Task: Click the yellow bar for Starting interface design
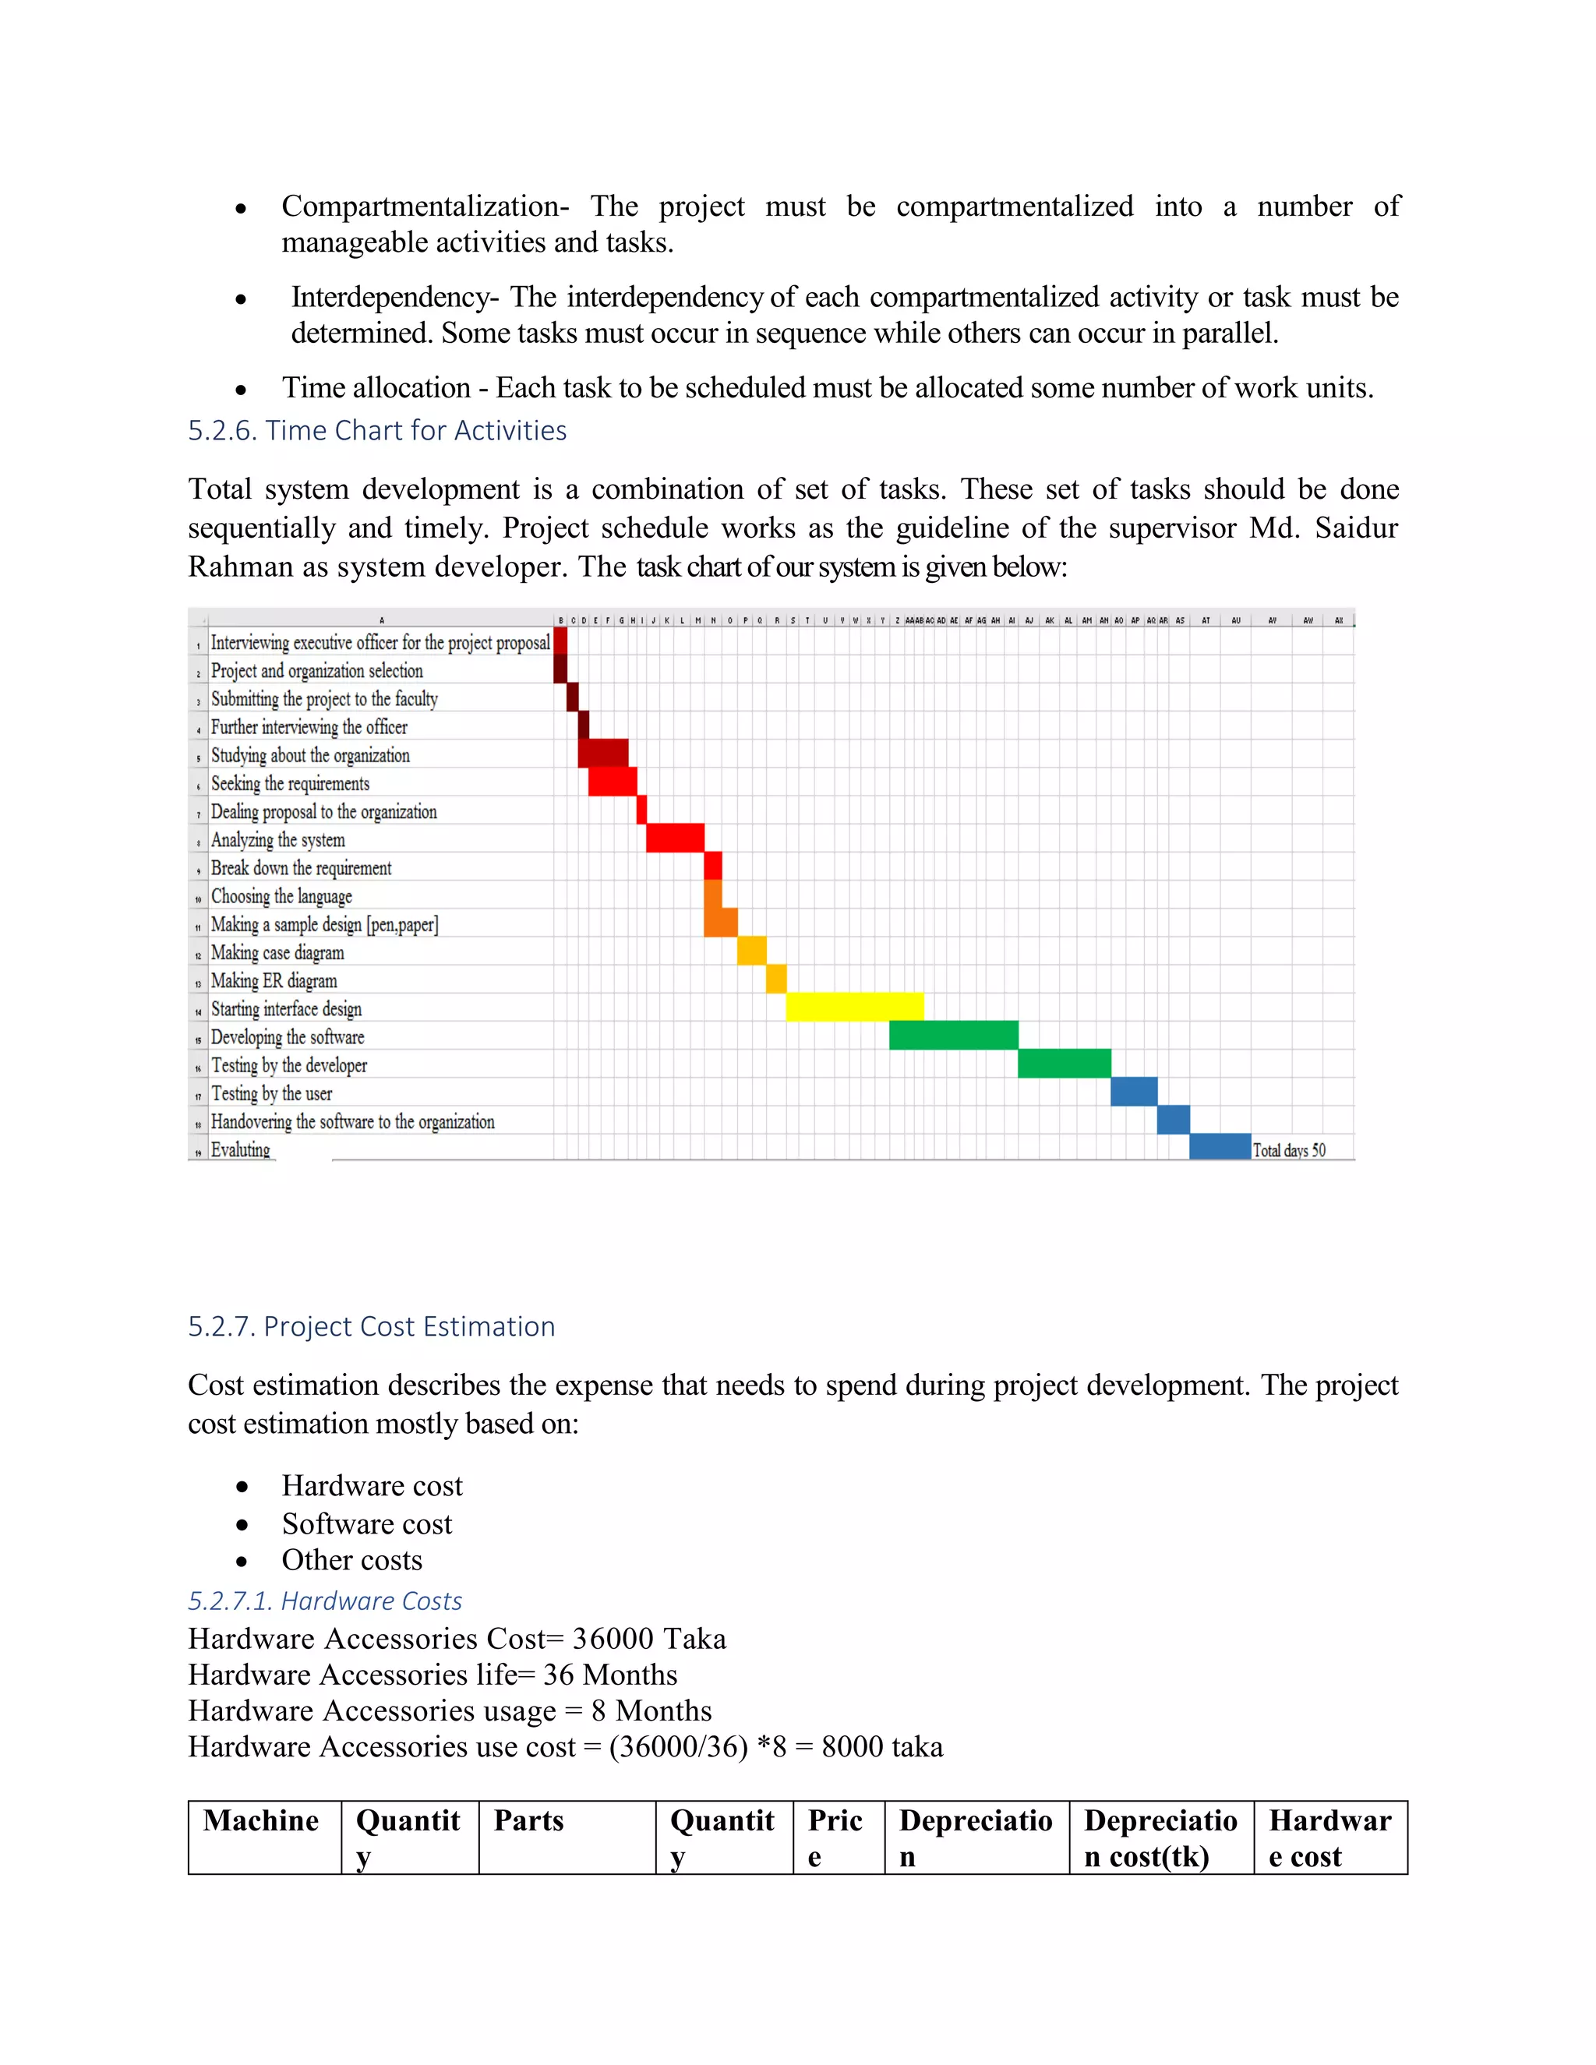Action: pyautogui.click(x=854, y=1007)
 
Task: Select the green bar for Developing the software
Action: pyautogui.click(x=953, y=1036)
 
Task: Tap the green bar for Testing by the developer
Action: pyautogui.click(x=1064, y=1064)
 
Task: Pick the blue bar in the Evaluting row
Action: pyautogui.click(x=1220, y=1147)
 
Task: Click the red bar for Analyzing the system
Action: pyautogui.click(x=675, y=838)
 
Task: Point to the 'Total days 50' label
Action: pyautogui.click(x=1289, y=1149)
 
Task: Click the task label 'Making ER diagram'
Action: pyautogui.click(x=274, y=980)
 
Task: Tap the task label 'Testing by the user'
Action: pyautogui.click(x=271, y=1093)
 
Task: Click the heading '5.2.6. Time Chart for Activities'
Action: pyautogui.click(x=376, y=430)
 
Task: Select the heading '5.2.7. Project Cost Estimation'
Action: pyautogui.click(x=371, y=1326)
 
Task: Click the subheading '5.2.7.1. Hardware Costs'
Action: pyautogui.click(x=324, y=1601)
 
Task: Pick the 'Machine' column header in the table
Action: pyautogui.click(x=261, y=1821)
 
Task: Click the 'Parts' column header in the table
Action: pyautogui.click(x=528, y=1821)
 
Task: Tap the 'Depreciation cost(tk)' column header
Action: pyautogui.click(x=1160, y=1838)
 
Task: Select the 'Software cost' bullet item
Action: pyautogui.click(x=367, y=1524)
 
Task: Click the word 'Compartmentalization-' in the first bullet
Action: pyautogui.click(x=425, y=206)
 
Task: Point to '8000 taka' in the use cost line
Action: pyautogui.click(x=881, y=1746)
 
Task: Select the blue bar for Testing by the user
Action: pyautogui.click(x=1134, y=1091)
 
